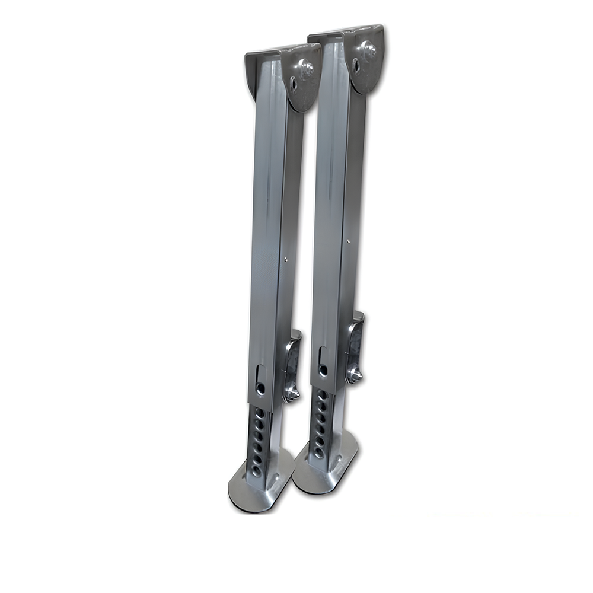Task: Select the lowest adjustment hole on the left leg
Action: tap(257, 470)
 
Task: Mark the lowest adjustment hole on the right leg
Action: tap(319, 452)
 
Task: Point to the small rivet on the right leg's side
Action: tap(349, 241)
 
